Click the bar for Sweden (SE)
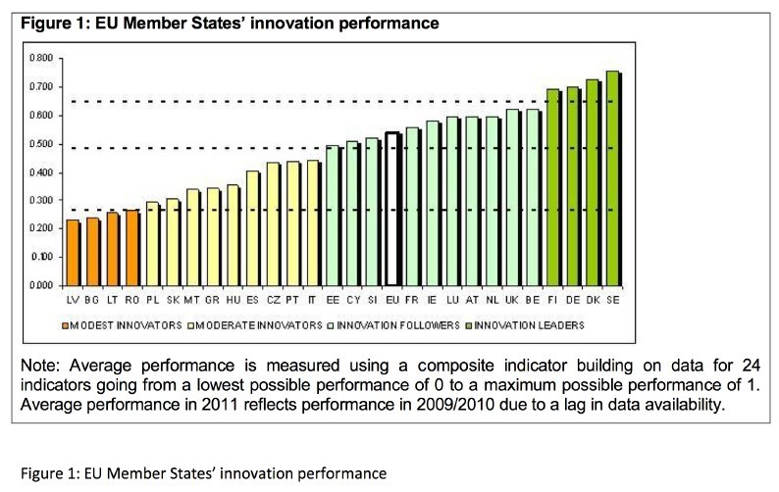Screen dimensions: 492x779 (x=611, y=177)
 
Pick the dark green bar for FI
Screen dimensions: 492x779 (x=552, y=186)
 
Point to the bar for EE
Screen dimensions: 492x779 (x=332, y=215)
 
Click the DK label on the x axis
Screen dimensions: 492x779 (x=592, y=297)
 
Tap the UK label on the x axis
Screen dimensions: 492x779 (x=512, y=297)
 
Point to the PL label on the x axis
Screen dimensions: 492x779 (x=152, y=297)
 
